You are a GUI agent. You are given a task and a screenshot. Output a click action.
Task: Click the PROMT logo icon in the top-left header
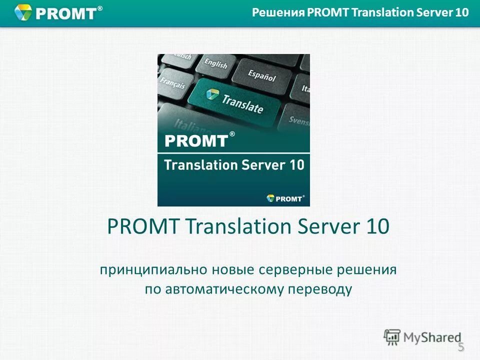click(x=23, y=12)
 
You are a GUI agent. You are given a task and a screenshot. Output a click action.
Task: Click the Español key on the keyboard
click(x=261, y=75)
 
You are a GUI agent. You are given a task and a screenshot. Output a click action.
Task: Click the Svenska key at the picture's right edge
click(x=299, y=120)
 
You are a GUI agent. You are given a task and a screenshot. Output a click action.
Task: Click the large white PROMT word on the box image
click(x=195, y=140)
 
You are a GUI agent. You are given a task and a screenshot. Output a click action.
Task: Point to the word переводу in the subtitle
click(x=325, y=289)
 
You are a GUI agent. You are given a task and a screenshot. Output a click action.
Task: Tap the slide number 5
click(x=461, y=347)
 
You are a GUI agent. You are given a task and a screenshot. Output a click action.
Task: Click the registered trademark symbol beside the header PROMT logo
click(x=99, y=8)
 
